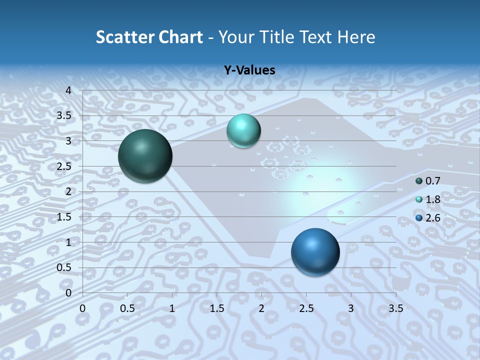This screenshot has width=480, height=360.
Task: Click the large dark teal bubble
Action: [145, 156]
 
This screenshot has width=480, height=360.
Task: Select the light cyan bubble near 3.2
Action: [243, 131]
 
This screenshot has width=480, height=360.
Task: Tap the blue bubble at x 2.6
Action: [315, 252]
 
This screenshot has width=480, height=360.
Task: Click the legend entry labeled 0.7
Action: [432, 181]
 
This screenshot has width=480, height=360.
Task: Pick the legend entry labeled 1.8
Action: [432, 199]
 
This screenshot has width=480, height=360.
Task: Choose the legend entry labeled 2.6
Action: [432, 217]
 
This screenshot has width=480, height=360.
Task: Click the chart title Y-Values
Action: [249, 70]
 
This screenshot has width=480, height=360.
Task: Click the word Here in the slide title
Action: [355, 37]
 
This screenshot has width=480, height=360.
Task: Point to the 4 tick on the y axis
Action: [69, 90]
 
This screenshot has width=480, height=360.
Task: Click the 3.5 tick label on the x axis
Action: [395, 308]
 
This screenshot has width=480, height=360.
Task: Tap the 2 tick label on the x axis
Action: [261, 308]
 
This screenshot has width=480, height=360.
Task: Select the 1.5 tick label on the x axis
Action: [216, 308]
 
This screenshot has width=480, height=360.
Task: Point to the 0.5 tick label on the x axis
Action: [127, 308]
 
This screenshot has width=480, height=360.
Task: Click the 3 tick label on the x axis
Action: [351, 308]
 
